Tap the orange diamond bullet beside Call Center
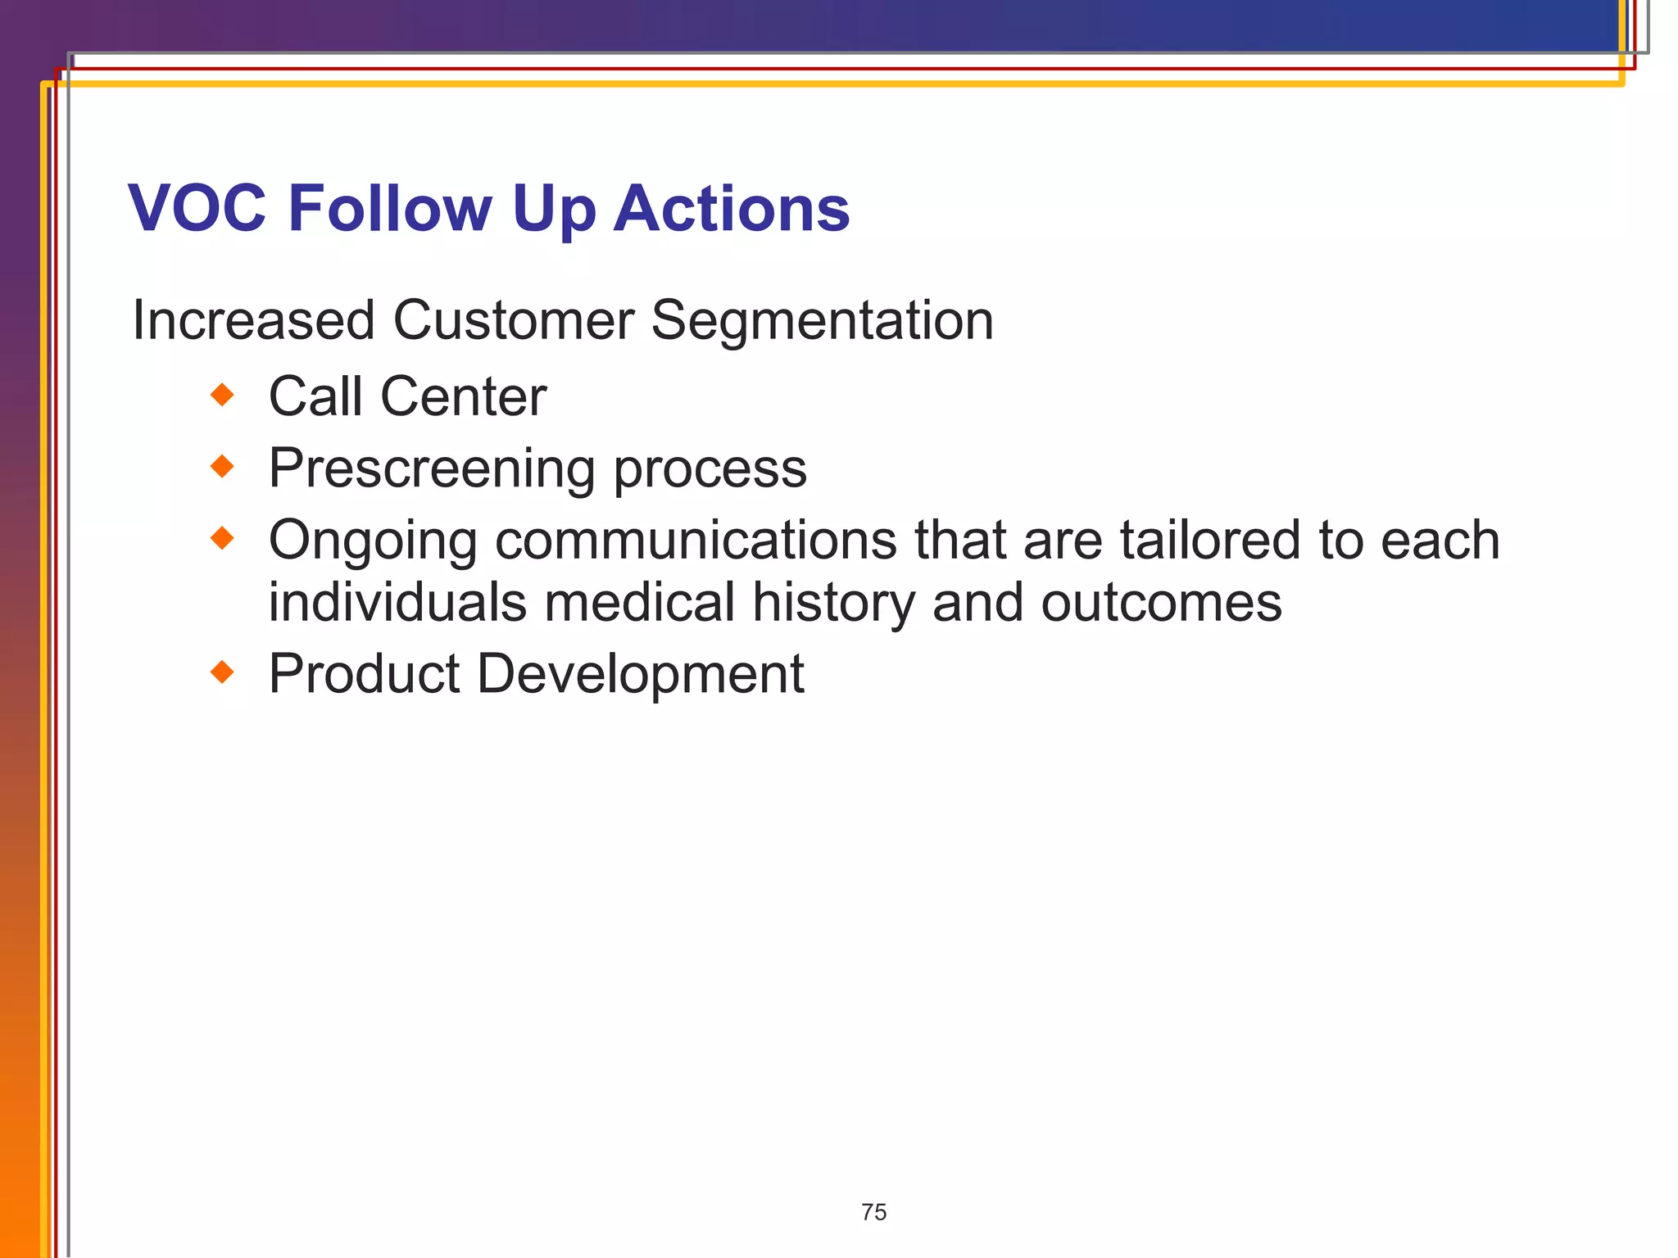222,396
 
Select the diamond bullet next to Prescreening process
222,467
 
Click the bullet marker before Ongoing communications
222,538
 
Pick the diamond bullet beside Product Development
222,672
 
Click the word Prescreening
432,469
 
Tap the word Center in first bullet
463,397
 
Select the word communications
696,541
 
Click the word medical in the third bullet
639,602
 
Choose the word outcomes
1161,604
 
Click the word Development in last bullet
640,675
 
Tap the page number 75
873,1212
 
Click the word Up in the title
554,210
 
